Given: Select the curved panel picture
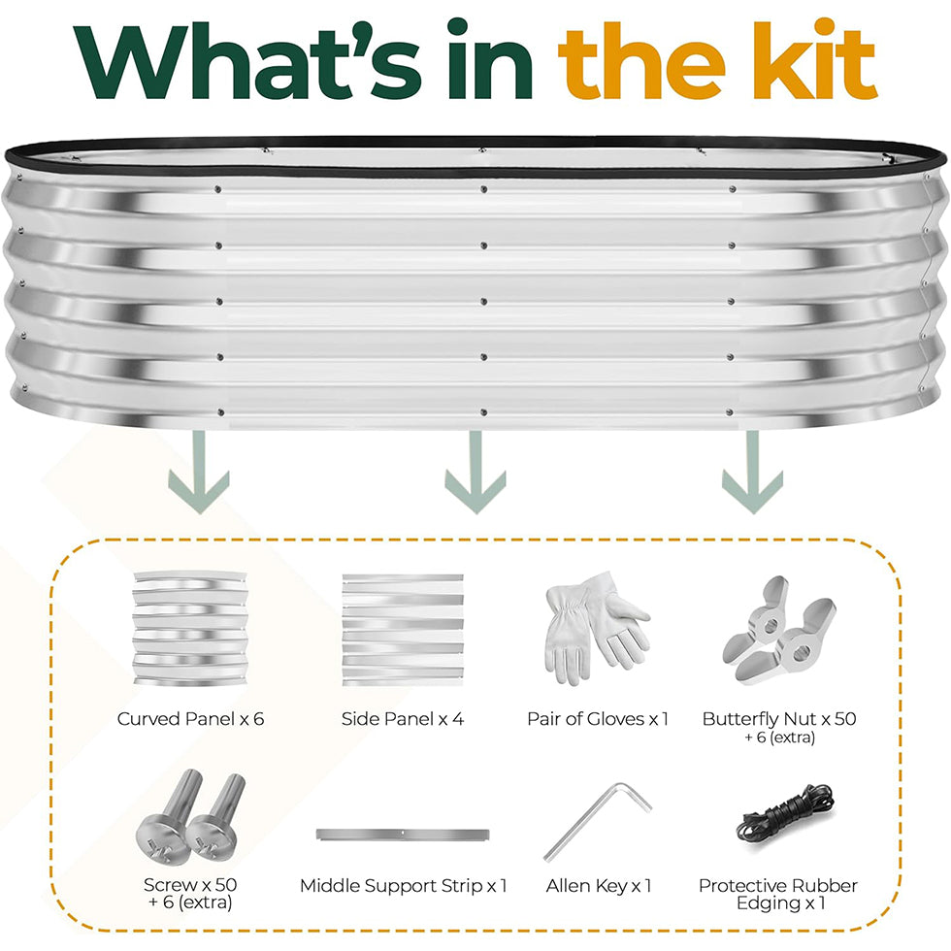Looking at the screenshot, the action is click(190, 629).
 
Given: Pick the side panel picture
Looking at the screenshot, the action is click(403, 630).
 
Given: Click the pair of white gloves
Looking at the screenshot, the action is click(597, 628).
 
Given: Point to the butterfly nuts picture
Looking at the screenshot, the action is click(779, 631).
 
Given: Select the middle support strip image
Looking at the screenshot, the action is click(403, 835).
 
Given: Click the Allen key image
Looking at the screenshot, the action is click(598, 822).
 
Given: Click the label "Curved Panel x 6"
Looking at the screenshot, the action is click(190, 719).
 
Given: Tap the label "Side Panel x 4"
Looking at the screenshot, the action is click(403, 719).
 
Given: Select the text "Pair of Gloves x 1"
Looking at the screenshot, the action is click(598, 719).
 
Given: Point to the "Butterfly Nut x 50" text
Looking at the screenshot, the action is click(779, 719).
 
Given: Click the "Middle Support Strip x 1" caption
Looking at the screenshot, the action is click(403, 885).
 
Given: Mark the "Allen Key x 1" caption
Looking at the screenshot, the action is click(599, 885).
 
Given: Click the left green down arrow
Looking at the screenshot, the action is click(199, 473).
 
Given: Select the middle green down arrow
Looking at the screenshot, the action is click(475, 473).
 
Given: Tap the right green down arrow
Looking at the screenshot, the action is click(753, 473).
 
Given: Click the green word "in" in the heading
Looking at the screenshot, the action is click(490, 59).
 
